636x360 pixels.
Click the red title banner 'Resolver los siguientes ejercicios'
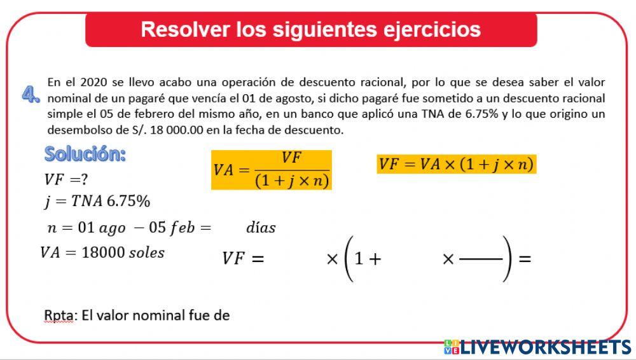pos(311,30)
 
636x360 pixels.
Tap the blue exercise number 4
pos(31,95)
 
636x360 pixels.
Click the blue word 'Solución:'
pos(85,154)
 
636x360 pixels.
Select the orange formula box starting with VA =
pos(272,170)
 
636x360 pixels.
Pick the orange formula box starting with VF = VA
pos(456,164)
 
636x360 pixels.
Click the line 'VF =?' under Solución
pos(66,179)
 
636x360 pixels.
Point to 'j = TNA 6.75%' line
pos(97,202)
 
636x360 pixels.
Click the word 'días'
pos(261,228)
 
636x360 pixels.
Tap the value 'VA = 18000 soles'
pos(102,253)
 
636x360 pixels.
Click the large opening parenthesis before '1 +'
pos(348,259)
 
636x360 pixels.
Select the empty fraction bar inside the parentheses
pos(481,260)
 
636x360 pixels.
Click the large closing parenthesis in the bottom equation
pos(507,259)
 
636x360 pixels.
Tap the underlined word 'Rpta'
pos(59,315)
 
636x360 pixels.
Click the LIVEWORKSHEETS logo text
pos(545,347)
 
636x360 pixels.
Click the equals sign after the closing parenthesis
pos(525,259)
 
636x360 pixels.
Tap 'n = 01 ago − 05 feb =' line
pos(128,228)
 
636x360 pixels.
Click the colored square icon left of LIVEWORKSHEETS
pos(451,347)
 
